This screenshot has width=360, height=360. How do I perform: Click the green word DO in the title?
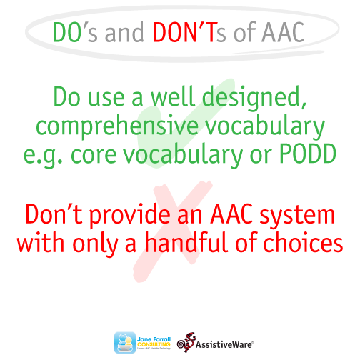pyautogui.click(x=69, y=32)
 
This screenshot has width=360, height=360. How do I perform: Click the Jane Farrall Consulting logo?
pyautogui.click(x=141, y=341)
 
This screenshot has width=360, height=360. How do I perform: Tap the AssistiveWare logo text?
pyautogui.click(x=222, y=341)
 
